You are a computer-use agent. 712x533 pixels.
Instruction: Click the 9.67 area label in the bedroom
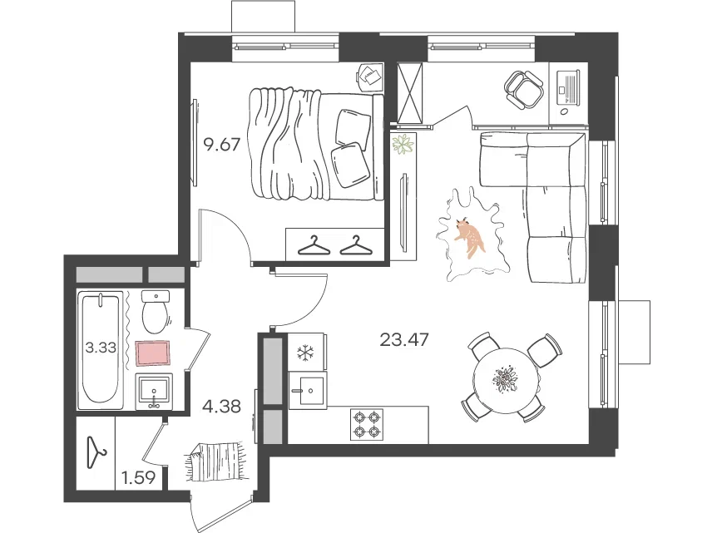click(x=221, y=146)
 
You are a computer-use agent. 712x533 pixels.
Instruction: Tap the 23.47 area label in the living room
click(x=404, y=339)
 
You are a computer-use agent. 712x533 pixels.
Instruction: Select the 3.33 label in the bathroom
click(x=101, y=348)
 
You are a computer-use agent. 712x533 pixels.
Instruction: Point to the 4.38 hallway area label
click(x=221, y=407)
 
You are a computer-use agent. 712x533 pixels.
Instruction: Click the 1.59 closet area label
click(x=139, y=477)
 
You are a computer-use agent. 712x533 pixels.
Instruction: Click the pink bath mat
click(x=154, y=353)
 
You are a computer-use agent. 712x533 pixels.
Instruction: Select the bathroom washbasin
click(x=154, y=392)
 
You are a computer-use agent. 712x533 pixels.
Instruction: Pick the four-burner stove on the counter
click(x=367, y=424)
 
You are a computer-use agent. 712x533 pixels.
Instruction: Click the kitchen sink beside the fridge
click(x=308, y=390)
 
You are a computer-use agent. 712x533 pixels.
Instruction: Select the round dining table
click(x=506, y=381)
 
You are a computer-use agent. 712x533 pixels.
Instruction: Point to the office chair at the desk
click(x=523, y=89)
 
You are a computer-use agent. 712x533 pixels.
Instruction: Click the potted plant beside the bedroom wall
click(x=403, y=144)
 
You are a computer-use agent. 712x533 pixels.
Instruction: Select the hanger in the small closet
click(x=96, y=452)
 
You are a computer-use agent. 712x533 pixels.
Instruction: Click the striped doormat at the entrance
click(x=216, y=461)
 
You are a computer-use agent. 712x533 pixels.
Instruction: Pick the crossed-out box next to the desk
click(x=409, y=92)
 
